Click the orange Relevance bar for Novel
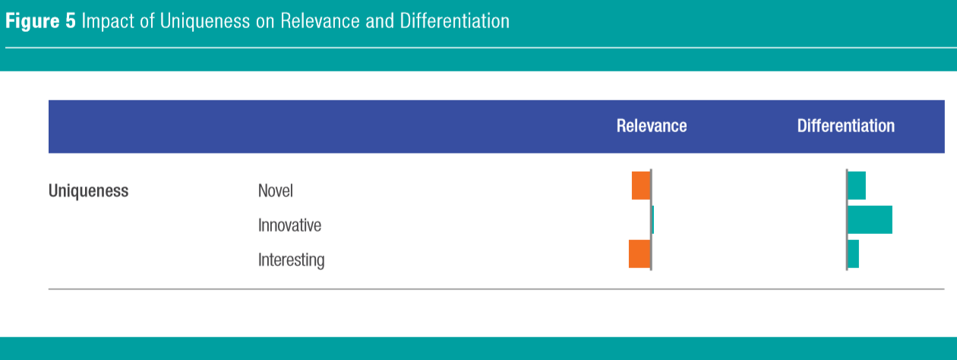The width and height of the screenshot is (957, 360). pyautogui.click(x=641, y=185)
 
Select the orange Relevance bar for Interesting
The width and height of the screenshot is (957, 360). pyautogui.click(x=640, y=254)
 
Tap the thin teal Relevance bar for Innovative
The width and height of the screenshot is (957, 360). pyautogui.click(x=653, y=219)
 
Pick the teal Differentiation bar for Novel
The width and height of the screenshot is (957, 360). pyautogui.click(x=857, y=185)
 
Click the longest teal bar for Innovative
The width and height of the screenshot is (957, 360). pyautogui.click(x=870, y=219)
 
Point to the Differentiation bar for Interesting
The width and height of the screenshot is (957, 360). pyautogui.click(x=854, y=254)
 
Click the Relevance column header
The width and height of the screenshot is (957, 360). pyautogui.click(x=652, y=126)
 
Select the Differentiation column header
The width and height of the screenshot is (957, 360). pyautogui.click(x=846, y=126)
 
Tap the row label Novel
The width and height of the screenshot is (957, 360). pyautogui.click(x=276, y=191)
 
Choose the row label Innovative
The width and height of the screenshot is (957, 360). pyautogui.click(x=289, y=225)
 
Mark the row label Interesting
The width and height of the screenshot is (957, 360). pyautogui.click(x=292, y=260)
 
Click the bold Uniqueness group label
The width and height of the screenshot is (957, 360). pyautogui.click(x=88, y=191)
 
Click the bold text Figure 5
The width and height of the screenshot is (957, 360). pyautogui.click(x=40, y=21)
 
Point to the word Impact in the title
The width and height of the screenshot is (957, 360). pyautogui.click(x=108, y=21)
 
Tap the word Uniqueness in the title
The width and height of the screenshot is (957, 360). pyautogui.click(x=205, y=21)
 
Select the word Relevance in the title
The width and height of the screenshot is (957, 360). pyautogui.click(x=320, y=21)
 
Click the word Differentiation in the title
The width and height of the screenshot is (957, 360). pyautogui.click(x=454, y=21)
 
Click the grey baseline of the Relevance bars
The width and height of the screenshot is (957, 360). pyautogui.click(x=651, y=220)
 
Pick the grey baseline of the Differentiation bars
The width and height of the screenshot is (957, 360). pyautogui.click(x=847, y=220)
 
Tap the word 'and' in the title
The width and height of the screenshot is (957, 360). pyautogui.click(x=380, y=21)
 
